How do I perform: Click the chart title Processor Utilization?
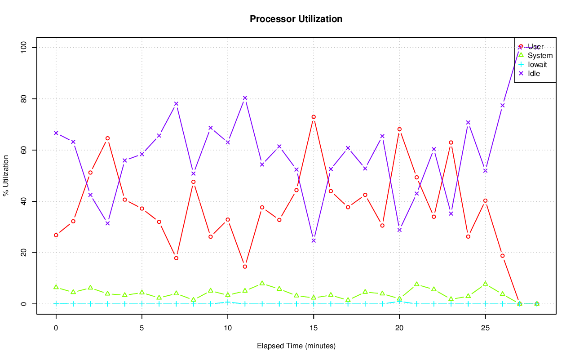tap(296, 19)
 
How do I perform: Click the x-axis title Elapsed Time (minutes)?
tap(296, 346)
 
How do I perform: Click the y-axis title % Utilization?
tap(6, 176)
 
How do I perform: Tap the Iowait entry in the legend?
tap(537, 65)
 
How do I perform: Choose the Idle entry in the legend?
tap(534, 74)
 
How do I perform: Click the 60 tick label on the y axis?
tap(23, 150)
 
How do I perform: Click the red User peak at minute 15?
tap(314, 117)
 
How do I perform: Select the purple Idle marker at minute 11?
tap(245, 98)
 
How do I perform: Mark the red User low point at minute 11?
tap(245, 267)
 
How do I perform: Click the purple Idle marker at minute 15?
tap(314, 240)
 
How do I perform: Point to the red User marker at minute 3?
tap(107, 138)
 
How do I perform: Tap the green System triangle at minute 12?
tap(262, 283)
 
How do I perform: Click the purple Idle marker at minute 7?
tap(176, 104)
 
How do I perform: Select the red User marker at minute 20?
tap(399, 129)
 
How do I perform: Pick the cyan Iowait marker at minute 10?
tap(228, 302)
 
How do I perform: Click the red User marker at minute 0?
tap(56, 235)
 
